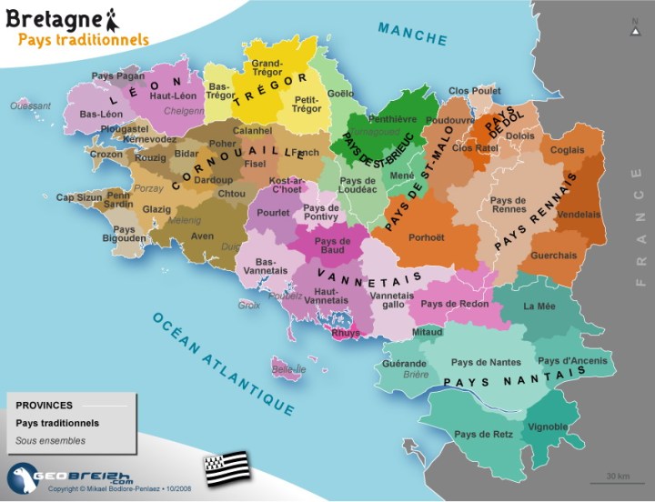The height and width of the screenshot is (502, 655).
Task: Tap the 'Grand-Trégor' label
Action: tap(266, 69)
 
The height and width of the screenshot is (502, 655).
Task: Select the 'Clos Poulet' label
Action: tap(475, 91)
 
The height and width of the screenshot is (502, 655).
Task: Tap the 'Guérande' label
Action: tap(405, 363)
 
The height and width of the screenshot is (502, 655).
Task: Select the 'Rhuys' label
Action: tap(346, 332)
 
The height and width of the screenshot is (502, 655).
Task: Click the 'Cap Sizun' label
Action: tap(78, 197)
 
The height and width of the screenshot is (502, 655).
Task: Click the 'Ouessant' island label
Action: tap(30, 105)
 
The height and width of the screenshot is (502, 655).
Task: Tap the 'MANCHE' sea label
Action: tap(413, 35)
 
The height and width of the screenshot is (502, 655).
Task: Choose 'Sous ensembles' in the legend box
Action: tap(51, 441)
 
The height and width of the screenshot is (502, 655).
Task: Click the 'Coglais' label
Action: tap(568, 150)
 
